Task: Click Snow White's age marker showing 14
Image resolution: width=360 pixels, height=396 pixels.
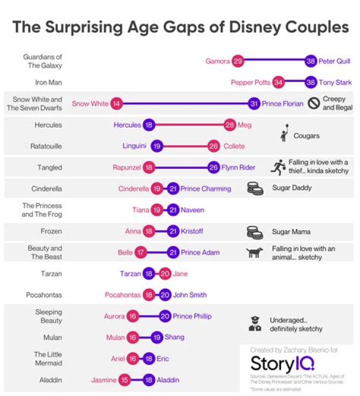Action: pyautogui.click(x=116, y=104)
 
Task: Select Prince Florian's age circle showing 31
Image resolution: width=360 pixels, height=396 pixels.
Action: pyautogui.click(x=254, y=104)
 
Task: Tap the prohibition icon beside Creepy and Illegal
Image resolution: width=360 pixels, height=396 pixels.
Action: pyautogui.click(x=313, y=103)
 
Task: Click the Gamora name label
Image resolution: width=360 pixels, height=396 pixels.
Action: pyautogui.click(x=217, y=61)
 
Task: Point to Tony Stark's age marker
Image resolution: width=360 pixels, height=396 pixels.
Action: pyautogui.click(x=311, y=82)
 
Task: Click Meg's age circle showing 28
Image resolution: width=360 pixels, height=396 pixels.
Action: pyautogui.click(x=230, y=125)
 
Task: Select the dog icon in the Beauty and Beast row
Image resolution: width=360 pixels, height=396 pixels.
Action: pyautogui.click(x=255, y=253)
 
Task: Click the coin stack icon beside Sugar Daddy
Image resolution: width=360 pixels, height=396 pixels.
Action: pyautogui.click(x=255, y=189)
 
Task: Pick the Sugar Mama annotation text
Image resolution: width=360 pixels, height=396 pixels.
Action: pyautogui.click(x=291, y=232)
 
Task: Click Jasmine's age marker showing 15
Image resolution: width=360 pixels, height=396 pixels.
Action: pyautogui.click(x=124, y=380)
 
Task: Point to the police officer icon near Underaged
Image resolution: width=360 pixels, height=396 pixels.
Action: pyautogui.click(x=255, y=324)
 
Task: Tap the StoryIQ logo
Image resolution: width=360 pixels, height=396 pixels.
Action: pyautogui.click(x=282, y=362)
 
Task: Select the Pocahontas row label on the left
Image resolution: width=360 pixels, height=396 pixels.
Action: pyautogui.click(x=44, y=295)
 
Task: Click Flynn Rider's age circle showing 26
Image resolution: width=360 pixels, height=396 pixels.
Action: pyautogui.click(x=214, y=168)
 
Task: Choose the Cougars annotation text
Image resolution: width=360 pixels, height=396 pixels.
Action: pyautogui.click(x=306, y=136)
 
